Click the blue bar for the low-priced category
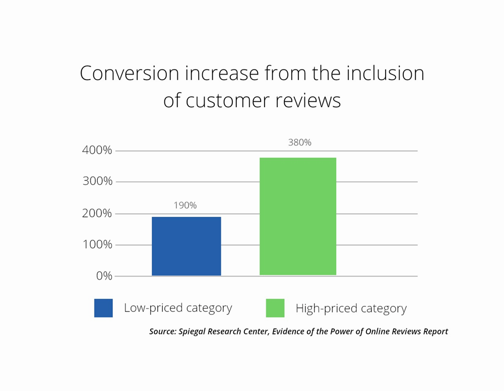(x=186, y=246)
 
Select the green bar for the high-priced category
(x=297, y=217)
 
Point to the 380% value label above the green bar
(x=299, y=143)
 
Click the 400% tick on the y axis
(x=98, y=150)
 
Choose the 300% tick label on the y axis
(x=98, y=181)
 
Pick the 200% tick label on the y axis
(x=98, y=213)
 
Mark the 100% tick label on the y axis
(x=98, y=245)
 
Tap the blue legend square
(x=103, y=308)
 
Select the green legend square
(x=275, y=308)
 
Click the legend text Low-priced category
(x=178, y=308)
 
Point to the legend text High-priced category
(x=351, y=308)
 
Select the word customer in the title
(x=228, y=101)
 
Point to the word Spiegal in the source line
(x=192, y=332)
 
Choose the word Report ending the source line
(x=435, y=332)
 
